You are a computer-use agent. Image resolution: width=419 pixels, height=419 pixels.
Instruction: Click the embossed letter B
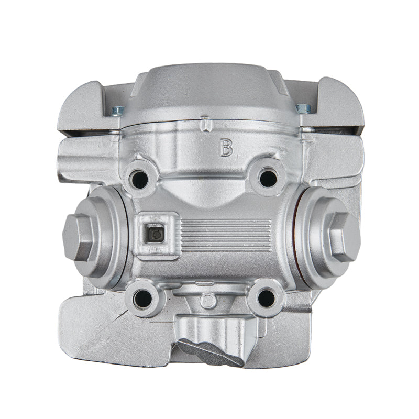pyautogui.click(x=226, y=147)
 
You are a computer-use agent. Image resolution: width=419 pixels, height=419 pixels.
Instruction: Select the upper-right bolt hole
pyautogui.click(x=268, y=177)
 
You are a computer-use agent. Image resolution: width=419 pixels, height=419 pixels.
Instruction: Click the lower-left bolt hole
pyautogui.click(x=142, y=299)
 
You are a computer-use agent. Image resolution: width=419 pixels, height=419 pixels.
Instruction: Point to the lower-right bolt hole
pyautogui.click(x=267, y=297)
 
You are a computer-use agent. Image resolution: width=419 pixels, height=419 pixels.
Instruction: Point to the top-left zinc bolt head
pyautogui.click(x=117, y=111)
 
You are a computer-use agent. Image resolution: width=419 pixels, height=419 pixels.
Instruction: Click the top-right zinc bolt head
pyautogui.click(x=303, y=108)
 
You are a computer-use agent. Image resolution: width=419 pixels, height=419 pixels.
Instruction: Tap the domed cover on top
pyautogui.click(x=210, y=94)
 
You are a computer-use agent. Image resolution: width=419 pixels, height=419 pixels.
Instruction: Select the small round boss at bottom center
pyautogui.click(x=208, y=300)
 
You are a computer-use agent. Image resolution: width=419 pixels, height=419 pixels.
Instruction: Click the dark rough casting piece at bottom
pyautogui.click(x=210, y=350)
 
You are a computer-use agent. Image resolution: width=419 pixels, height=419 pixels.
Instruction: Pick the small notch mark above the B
pyautogui.click(x=208, y=125)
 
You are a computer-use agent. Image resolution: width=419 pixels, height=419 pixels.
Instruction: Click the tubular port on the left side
pyautogui.click(x=81, y=157)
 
